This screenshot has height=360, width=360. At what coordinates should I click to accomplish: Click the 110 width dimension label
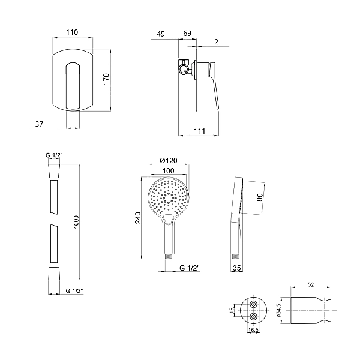pyautogui.click(x=72, y=32)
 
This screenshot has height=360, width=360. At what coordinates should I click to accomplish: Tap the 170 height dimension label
pyautogui.click(x=106, y=79)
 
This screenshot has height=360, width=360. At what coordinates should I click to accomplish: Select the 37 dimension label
pyautogui.click(x=39, y=124)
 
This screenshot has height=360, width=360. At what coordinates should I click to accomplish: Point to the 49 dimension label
pyautogui.click(x=161, y=34)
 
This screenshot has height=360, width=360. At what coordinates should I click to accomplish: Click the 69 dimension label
pyautogui.click(x=187, y=33)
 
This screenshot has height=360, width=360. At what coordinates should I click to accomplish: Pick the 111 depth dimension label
pyautogui.click(x=199, y=131)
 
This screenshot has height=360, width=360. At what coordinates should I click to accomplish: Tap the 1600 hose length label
pyautogui.click(x=76, y=222)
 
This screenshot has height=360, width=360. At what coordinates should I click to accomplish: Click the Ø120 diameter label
pyautogui.click(x=169, y=160)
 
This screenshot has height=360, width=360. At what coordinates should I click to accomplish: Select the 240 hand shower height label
pyautogui.click(x=137, y=218)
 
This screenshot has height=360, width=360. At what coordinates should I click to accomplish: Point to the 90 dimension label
pyautogui.click(x=259, y=197)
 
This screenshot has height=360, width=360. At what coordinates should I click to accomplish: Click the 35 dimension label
pyautogui.click(x=237, y=268)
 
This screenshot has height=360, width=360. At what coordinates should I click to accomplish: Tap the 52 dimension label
pyautogui.click(x=311, y=284)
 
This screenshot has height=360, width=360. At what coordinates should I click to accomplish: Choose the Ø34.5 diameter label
pyautogui.click(x=278, y=310)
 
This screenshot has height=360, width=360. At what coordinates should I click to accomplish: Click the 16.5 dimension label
pyautogui.click(x=253, y=330)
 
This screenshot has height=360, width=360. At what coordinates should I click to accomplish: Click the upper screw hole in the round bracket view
pyautogui.click(x=253, y=304)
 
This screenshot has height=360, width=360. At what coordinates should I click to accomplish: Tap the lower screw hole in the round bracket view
pyautogui.click(x=253, y=317)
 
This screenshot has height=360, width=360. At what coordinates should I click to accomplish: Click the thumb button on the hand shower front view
pyautogui.click(x=169, y=219)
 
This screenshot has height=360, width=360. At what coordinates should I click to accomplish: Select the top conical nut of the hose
pyautogui.click(x=54, y=171)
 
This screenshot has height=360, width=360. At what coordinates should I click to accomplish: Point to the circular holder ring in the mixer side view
pyautogui.click(x=184, y=69)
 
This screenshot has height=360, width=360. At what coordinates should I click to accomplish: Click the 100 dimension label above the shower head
pyautogui.click(x=169, y=171)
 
